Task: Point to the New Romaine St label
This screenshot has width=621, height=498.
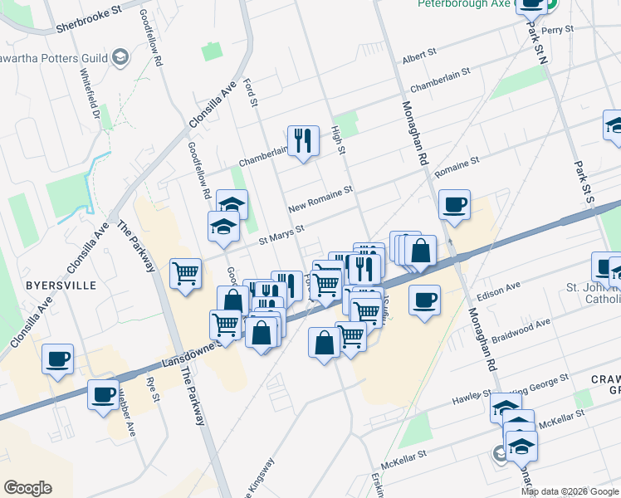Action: click(x=320, y=199)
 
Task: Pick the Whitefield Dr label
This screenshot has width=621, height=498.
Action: click(x=90, y=94)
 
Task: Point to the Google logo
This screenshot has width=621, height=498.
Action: click(x=27, y=488)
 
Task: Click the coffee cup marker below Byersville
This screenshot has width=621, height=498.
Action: click(x=58, y=359)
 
